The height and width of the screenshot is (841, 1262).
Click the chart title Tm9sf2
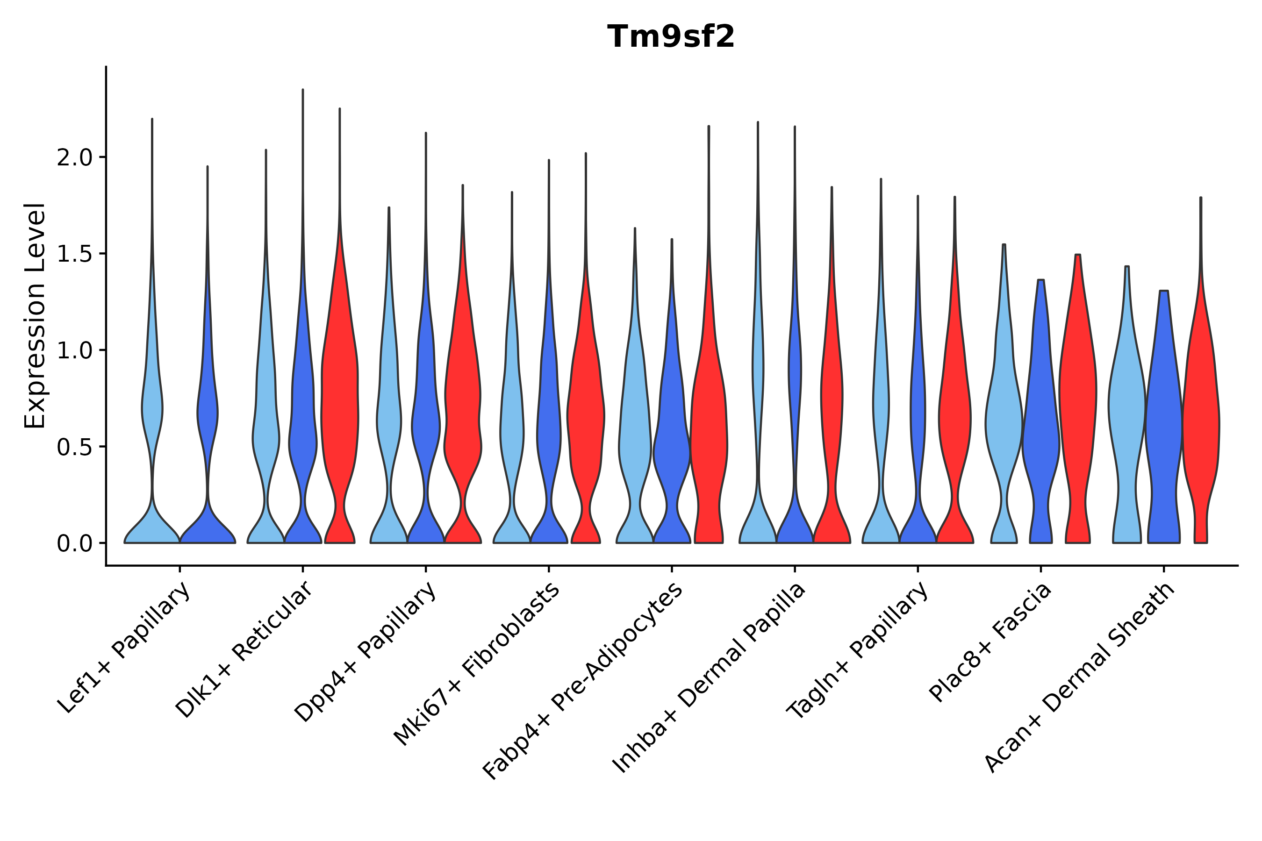click(671, 37)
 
